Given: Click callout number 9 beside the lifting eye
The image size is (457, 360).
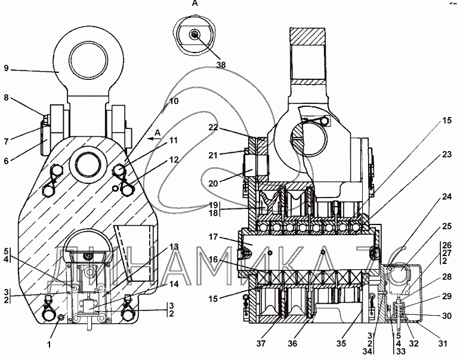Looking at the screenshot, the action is pos(7,69).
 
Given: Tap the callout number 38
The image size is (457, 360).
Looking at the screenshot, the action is pos(221,64).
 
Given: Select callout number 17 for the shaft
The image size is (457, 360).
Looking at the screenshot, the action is pos(214,237).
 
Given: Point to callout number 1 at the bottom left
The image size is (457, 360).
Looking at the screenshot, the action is pos(49,344).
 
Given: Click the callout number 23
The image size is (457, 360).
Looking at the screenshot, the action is pos(447,154).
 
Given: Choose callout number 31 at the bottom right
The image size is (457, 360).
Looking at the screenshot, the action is pos(443,344).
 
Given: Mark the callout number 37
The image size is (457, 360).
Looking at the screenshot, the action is pos(261,344).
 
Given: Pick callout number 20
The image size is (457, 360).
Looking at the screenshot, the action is pos(214,183).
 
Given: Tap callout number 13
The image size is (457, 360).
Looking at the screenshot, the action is pos(174,247).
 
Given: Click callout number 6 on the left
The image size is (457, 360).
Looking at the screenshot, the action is pos(7,161).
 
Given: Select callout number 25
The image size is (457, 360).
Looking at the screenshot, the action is pos(447,226).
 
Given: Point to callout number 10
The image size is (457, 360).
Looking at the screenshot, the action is pos(174,101).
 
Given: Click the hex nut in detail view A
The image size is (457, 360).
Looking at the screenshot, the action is pos(194,35).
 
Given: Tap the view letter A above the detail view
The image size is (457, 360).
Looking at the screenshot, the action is pos(195,3).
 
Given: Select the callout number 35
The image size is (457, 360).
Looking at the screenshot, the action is pos(341,344).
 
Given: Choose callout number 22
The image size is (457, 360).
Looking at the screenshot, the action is pos(214,127).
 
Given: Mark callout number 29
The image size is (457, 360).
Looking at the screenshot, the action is pos(447,296).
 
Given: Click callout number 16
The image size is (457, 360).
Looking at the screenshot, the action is pos(214,259).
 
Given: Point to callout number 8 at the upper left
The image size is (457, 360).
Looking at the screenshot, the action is pos(7,97).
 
